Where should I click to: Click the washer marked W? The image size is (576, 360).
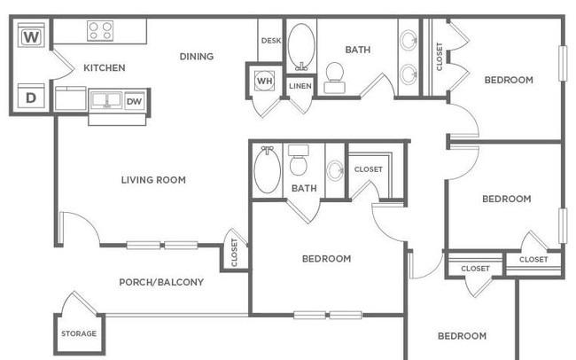[x=31, y=35]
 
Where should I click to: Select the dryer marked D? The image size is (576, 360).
[x=31, y=97]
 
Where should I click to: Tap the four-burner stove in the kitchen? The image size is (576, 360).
[x=100, y=30]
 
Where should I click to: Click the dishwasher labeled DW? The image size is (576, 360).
[x=135, y=101]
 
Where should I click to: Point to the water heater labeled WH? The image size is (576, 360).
[x=264, y=81]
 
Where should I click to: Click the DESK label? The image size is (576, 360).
[x=271, y=41]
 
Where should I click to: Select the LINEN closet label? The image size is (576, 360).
[x=300, y=86]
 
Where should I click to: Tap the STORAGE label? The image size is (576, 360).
[x=79, y=333]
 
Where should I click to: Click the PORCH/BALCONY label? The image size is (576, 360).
[x=161, y=282]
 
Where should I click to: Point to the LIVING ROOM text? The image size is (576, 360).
[x=153, y=180]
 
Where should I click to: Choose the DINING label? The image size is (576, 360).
[x=197, y=56]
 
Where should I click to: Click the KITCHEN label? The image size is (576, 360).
[x=105, y=67]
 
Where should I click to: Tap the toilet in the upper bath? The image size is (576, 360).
[x=335, y=77]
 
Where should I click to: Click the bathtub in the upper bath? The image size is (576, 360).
[x=301, y=47]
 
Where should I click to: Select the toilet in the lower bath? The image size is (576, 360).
[x=299, y=160]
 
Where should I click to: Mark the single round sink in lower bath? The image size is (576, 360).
[x=335, y=170]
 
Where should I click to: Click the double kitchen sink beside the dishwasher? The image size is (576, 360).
[x=106, y=99]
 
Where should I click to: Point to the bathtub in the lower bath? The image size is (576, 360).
[x=268, y=169]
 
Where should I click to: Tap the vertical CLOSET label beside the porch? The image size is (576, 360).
[x=234, y=252]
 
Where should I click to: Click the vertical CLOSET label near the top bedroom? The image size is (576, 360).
[x=439, y=56]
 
